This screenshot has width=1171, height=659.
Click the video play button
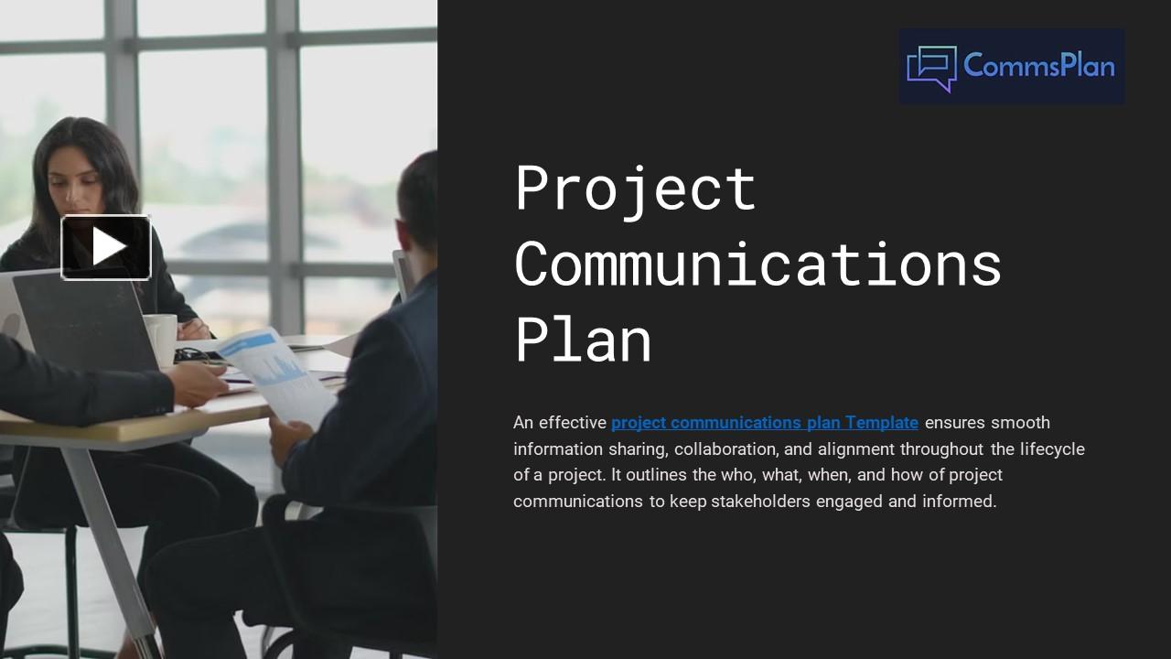[106, 246]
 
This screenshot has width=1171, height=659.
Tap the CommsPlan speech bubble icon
[931, 68]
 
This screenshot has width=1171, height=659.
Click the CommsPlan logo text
[1039, 66]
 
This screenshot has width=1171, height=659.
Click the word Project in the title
[635, 188]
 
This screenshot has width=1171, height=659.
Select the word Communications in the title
[757, 265]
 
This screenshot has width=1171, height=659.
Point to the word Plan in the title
[583, 340]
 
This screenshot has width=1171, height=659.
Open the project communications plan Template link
[765, 423]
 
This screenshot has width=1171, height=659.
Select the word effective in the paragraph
[573, 423]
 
